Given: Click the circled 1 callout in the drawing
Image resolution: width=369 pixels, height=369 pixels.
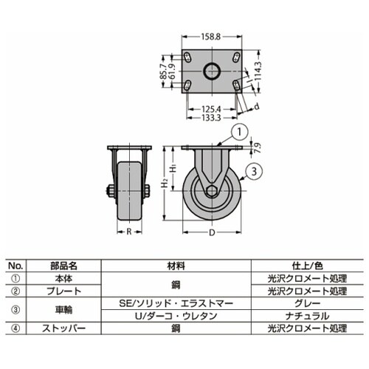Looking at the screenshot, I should [241, 134].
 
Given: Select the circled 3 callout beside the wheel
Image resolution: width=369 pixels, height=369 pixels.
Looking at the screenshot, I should [252, 172].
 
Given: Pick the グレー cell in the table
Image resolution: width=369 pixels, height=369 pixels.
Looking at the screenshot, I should [304, 303].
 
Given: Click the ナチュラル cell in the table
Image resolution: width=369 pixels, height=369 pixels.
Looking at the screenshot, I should [304, 314].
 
